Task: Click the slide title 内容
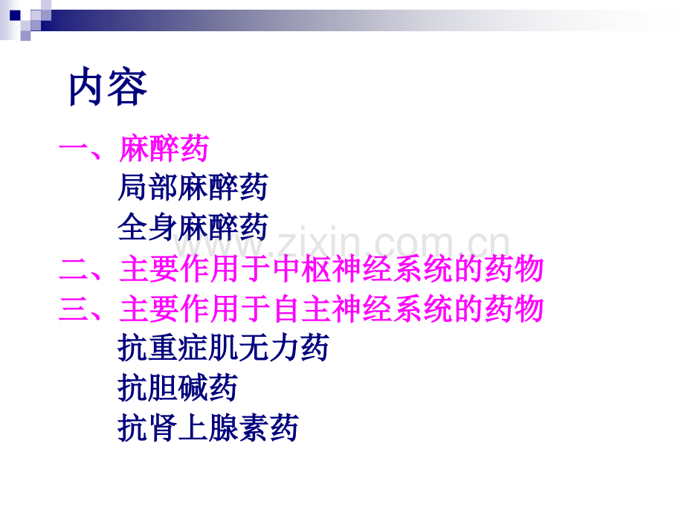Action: (x=109, y=88)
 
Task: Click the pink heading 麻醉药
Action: (x=164, y=149)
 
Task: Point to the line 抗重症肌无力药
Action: (x=223, y=348)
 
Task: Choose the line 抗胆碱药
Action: (x=178, y=388)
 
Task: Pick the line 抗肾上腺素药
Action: (x=208, y=428)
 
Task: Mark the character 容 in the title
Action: (x=128, y=88)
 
